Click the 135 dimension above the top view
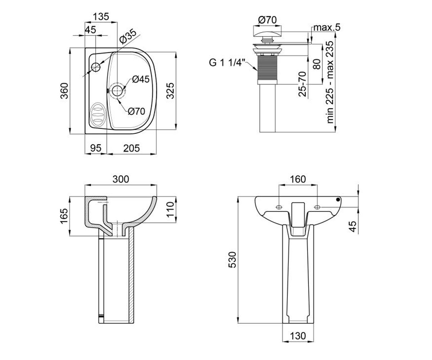pyautogui.click(x=101, y=17)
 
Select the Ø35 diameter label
pyautogui.click(x=128, y=37)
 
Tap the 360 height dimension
pyautogui.click(x=64, y=91)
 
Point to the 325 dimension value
pyautogui.click(x=171, y=91)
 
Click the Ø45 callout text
pyautogui.click(x=141, y=79)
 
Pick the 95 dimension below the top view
pyautogui.click(x=96, y=148)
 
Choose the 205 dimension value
pyautogui.click(x=132, y=148)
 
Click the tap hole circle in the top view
pyautogui.click(x=96, y=67)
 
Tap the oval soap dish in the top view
pyautogui.click(x=98, y=114)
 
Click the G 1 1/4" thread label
pyautogui.click(x=227, y=63)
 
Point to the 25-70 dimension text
pyautogui.click(x=302, y=84)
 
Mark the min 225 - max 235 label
pyautogui.click(x=330, y=82)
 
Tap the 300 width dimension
pyautogui.click(x=121, y=179)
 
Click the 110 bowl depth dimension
pyautogui.click(x=171, y=210)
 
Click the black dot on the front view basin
pyautogui.click(x=338, y=199)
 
